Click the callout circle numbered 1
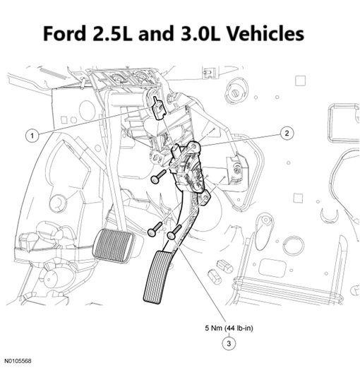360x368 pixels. pos(32,136)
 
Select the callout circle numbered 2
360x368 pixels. pos(287,133)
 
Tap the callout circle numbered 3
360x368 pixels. pos(229,343)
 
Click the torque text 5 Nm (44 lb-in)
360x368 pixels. pos(229,328)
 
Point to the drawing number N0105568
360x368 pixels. pos(18,361)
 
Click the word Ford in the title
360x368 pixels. pos(65,33)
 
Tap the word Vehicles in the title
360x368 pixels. pos(266,33)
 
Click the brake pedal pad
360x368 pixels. pos(114,245)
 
